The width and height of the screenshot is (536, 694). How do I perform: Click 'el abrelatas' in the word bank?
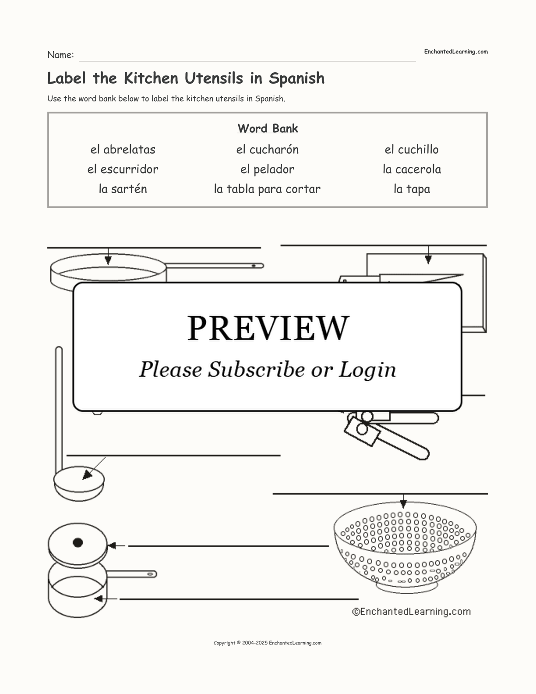click(123, 149)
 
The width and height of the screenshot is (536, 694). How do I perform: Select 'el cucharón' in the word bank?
click(268, 149)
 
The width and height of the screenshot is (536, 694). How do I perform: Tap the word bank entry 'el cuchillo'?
click(412, 149)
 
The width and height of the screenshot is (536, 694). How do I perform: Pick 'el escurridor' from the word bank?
click(123, 169)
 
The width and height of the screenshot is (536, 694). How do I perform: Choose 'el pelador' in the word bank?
click(268, 170)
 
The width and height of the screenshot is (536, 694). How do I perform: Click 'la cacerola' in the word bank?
click(412, 169)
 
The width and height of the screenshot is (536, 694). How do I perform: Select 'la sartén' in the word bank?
click(123, 189)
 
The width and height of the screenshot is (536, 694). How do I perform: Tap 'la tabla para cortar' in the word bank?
click(267, 189)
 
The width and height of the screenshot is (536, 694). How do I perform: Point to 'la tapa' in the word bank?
click(412, 189)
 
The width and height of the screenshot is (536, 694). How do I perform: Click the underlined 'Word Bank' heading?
click(268, 128)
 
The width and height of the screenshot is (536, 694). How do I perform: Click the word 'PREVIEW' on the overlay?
click(268, 328)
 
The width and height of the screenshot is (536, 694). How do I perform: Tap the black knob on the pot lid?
click(78, 542)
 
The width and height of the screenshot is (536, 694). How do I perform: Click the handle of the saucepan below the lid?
click(131, 574)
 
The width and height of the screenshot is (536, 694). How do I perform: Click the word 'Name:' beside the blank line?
click(61, 55)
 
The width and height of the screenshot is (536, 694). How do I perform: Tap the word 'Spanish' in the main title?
click(296, 78)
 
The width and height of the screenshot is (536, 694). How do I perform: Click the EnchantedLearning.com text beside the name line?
click(456, 52)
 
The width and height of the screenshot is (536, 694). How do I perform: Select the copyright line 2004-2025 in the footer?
click(268, 643)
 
